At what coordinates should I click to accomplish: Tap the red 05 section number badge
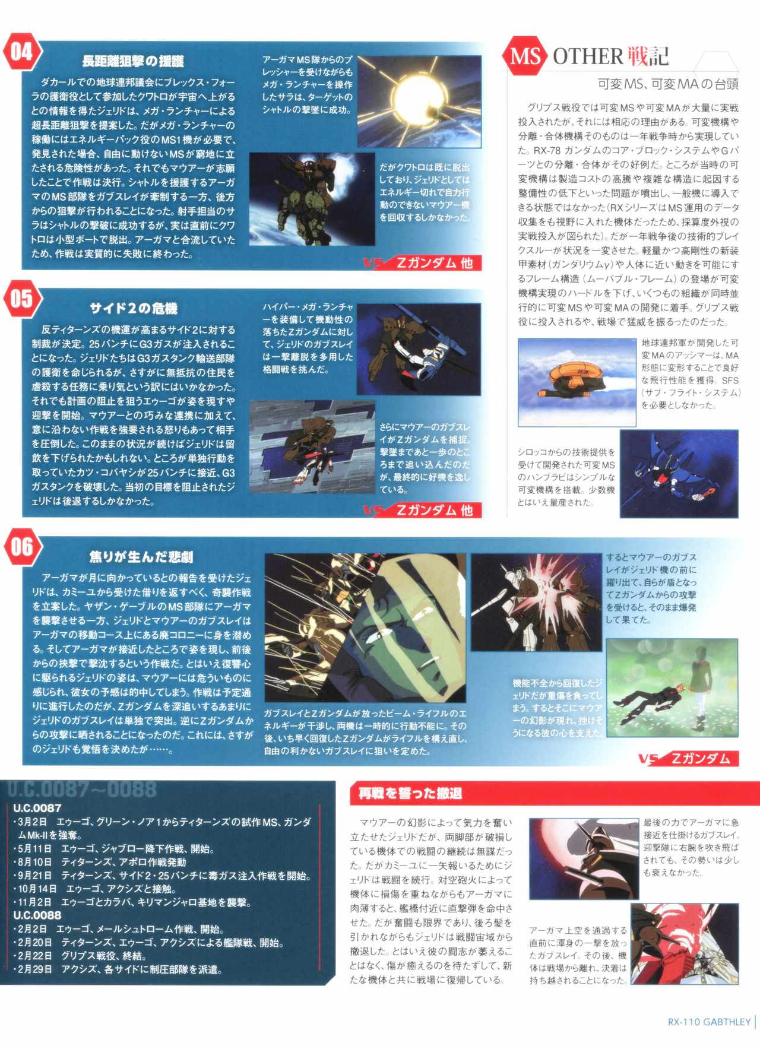[21, 299]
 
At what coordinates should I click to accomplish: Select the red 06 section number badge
[21, 547]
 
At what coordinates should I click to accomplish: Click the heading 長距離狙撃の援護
[133, 61]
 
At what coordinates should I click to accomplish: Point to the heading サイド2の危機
[134, 309]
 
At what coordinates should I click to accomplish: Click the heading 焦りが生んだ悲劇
[141, 557]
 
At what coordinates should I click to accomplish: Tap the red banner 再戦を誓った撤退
[410, 793]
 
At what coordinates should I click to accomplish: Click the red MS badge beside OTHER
[526, 57]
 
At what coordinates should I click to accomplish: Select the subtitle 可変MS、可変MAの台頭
[668, 84]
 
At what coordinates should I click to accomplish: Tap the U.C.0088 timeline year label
[37, 915]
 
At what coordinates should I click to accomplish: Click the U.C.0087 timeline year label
[37, 808]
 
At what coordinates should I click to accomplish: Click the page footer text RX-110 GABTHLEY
[709, 1022]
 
